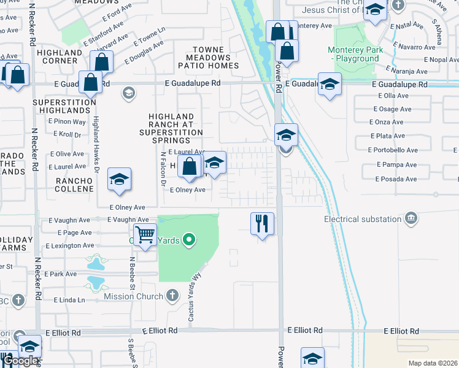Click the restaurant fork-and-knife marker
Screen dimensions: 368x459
point(263,224)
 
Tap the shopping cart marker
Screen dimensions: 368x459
point(145,234)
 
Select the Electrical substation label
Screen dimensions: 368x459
point(363,218)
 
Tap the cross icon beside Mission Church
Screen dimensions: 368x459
point(172,296)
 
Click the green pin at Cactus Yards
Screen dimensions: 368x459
point(190,240)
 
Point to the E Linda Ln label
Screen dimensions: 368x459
point(69,300)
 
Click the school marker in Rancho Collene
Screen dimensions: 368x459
point(119,179)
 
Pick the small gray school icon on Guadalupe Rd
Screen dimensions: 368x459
point(128,93)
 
